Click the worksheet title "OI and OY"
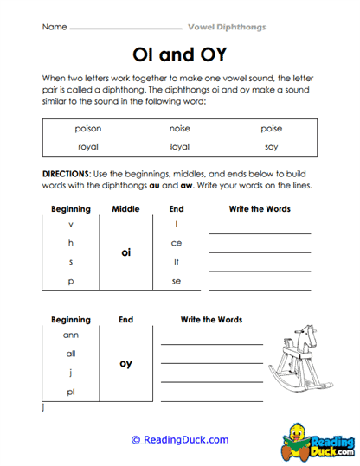180,55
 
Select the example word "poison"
87,128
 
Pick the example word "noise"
180,128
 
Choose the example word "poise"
271,128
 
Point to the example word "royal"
87,146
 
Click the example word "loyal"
180,146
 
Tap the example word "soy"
271,146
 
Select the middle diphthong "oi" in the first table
125,252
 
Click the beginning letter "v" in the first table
71,224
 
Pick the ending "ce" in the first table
177,243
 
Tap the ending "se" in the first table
177,281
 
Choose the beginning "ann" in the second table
71,334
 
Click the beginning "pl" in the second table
71,392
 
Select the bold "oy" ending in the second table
125,363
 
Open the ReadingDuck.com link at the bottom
180,439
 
